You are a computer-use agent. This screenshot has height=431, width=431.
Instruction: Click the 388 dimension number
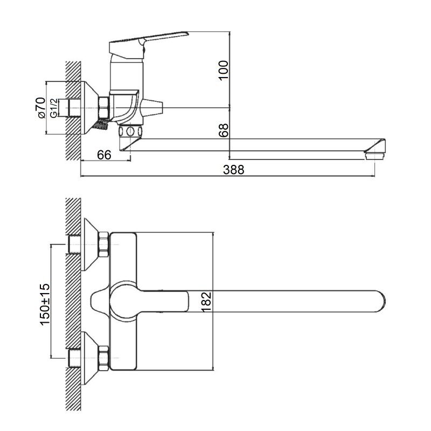pyautogui.click(x=233, y=170)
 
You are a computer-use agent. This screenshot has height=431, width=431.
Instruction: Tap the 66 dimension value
pyautogui.click(x=104, y=155)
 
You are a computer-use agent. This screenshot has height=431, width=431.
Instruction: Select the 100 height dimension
pyautogui.click(x=224, y=70)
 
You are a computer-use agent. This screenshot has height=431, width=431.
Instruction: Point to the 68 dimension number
pyautogui.click(x=224, y=130)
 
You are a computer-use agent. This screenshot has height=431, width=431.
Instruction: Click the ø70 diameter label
pyautogui.click(x=41, y=108)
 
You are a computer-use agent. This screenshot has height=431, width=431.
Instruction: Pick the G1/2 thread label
pyautogui.click(x=54, y=108)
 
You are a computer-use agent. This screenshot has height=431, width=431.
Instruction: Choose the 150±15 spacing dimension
pyautogui.click(x=45, y=304)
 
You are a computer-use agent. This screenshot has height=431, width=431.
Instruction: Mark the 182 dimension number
pyautogui.click(x=206, y=302)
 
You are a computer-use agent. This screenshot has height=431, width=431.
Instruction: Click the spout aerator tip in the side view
pyautogui.click(x=375, y=156)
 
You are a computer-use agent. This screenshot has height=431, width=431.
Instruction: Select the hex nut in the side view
pyautogui.click(x=104, y=107)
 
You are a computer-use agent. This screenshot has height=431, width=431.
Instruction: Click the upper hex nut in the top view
pyautogui.click(x=103, y=245)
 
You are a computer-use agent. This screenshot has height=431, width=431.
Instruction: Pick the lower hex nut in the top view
pyautogui.click(x=103, y=358)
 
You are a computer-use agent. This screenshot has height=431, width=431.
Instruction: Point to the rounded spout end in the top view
pyautogui.click(x=381, y=301)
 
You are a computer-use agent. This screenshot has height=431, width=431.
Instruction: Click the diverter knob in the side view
pyautogui.click(x=151, y=107)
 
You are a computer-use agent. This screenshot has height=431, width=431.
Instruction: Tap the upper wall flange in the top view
pyautogui.click(x=90, y=244)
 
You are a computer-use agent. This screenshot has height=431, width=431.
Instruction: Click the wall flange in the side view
pyautogui.click(x=90, y=108)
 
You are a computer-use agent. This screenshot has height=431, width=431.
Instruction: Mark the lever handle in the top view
pyautogui.click(x=150, y=301)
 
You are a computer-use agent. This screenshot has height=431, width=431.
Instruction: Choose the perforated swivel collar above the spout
pyautogui.click(x=130, y=131)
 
